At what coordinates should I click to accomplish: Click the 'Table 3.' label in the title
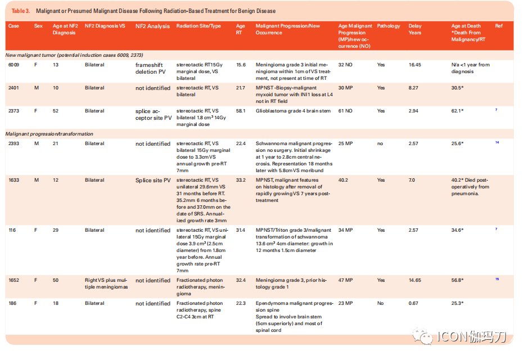coord(21,11)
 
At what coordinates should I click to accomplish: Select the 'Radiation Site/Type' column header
coord(198,26)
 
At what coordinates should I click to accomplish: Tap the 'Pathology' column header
coord(389,26)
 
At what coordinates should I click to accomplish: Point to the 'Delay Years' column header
coord(415,29)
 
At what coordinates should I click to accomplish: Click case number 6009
coord(13,65)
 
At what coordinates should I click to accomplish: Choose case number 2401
coord(13,88)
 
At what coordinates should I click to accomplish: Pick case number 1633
coord(13,180)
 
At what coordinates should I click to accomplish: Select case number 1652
coord(13,281)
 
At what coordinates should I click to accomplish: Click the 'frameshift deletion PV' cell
coord(150,69)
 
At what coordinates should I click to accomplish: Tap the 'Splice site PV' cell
coord(153,181)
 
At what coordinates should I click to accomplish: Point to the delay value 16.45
coord(415,65)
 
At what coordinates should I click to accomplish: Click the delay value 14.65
coord(415,281)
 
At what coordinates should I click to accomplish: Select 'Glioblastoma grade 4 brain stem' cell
coord(293,111)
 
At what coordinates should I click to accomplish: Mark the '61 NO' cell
coord(345,111)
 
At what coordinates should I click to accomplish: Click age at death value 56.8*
coord(457,281)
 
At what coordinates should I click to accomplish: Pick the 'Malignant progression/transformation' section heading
coord(49,134)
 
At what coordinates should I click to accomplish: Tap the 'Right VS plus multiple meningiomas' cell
coord(106,284)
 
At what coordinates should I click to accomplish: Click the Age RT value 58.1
coord(241,111)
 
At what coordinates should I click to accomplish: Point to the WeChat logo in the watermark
coord(422,336)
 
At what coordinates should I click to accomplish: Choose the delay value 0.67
coord(413,304)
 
